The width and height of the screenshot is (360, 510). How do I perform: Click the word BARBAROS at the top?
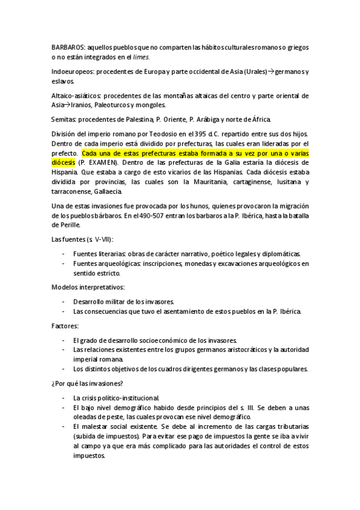[68, 47]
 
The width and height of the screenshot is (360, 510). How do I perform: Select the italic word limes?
[141, 57]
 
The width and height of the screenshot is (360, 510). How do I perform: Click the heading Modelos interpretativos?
[88, 287]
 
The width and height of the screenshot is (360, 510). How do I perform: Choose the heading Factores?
[66, 325]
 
